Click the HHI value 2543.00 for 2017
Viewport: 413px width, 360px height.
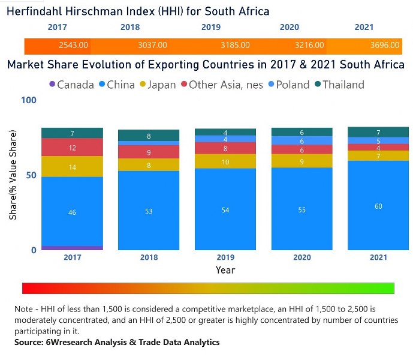(x=74, y=45)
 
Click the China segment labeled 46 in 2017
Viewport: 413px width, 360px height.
(x=72, y=212)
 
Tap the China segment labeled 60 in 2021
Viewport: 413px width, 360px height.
(x=378, y=206)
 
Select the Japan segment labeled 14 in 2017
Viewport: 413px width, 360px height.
(x=72, y=167)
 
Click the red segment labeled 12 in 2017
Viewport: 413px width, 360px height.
(x=72, y=148)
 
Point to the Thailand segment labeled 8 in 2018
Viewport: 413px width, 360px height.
(x=149, y=136)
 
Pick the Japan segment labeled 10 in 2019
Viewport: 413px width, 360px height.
(x=225, y=162)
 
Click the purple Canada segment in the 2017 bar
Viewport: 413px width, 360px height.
(x=72, y=248)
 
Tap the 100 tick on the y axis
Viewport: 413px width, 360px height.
(x=28, y=100)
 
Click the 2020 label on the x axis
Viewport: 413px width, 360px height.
(x=302, y=257)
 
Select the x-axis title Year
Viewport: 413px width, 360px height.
(x=225, y=270)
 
